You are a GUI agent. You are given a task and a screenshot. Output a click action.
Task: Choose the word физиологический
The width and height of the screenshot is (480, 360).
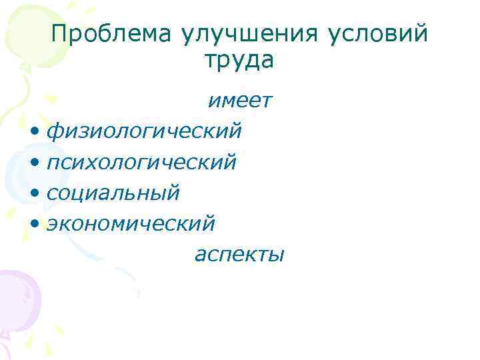coord(145,131)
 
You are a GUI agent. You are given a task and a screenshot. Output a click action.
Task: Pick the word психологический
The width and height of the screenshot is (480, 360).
coord(141,162)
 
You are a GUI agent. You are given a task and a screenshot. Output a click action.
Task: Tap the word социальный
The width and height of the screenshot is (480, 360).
coord(113,193)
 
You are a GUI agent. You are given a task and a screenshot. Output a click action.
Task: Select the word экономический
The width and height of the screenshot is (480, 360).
coord(131,224)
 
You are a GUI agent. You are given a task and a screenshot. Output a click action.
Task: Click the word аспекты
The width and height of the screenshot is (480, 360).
coord(239,254)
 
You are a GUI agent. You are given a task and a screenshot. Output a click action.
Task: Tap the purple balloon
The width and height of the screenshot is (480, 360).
coord(17,300)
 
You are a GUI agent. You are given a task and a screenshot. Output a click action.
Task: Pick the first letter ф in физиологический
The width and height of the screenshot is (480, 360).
coord(54,131)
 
